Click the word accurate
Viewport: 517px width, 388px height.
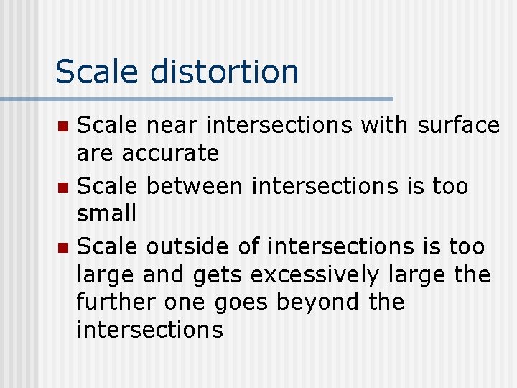pos(170,153)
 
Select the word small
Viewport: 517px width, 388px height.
pos(106,213)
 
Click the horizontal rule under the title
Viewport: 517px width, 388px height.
pos(197,98)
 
